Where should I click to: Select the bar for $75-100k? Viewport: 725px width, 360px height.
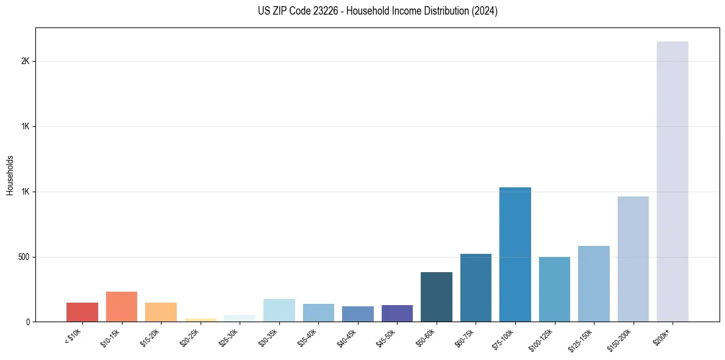515,254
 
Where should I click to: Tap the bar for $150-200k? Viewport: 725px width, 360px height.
633,259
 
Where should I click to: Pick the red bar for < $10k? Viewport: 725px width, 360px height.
82,312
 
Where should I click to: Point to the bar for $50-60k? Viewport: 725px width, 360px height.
436,297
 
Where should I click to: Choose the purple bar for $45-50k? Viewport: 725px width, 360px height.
397,313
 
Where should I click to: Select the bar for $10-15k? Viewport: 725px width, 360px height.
121,306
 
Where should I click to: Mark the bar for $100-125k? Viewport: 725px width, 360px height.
554,289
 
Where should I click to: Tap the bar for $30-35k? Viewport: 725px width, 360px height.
279,310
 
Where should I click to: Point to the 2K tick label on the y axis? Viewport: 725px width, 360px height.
25,62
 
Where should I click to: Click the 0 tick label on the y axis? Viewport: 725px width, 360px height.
27,322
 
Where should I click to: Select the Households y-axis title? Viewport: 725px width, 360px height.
10,175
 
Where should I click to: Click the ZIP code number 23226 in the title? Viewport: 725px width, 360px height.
315,11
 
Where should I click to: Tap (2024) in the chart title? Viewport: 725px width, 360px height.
483,11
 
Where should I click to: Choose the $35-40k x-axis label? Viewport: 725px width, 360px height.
308,337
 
